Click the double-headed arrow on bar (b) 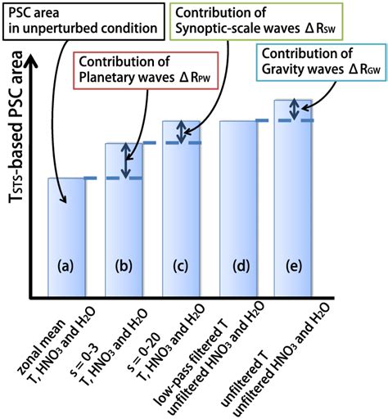pos(125,160)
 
